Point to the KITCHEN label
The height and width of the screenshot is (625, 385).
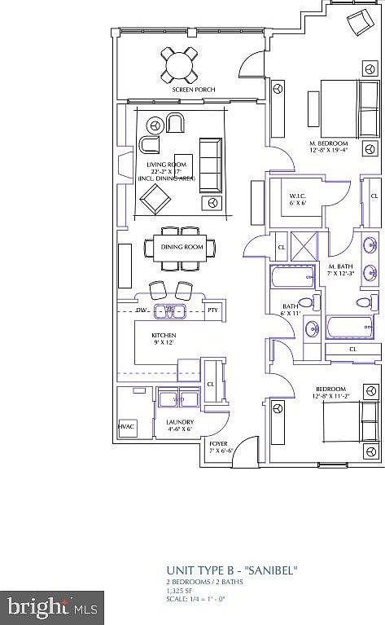[164, 336]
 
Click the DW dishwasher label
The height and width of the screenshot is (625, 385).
[141, 310]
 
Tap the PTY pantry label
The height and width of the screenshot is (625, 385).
[212, 310]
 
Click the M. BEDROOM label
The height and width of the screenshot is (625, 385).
[329, 143]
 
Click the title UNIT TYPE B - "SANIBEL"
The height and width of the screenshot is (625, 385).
[231, 570]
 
